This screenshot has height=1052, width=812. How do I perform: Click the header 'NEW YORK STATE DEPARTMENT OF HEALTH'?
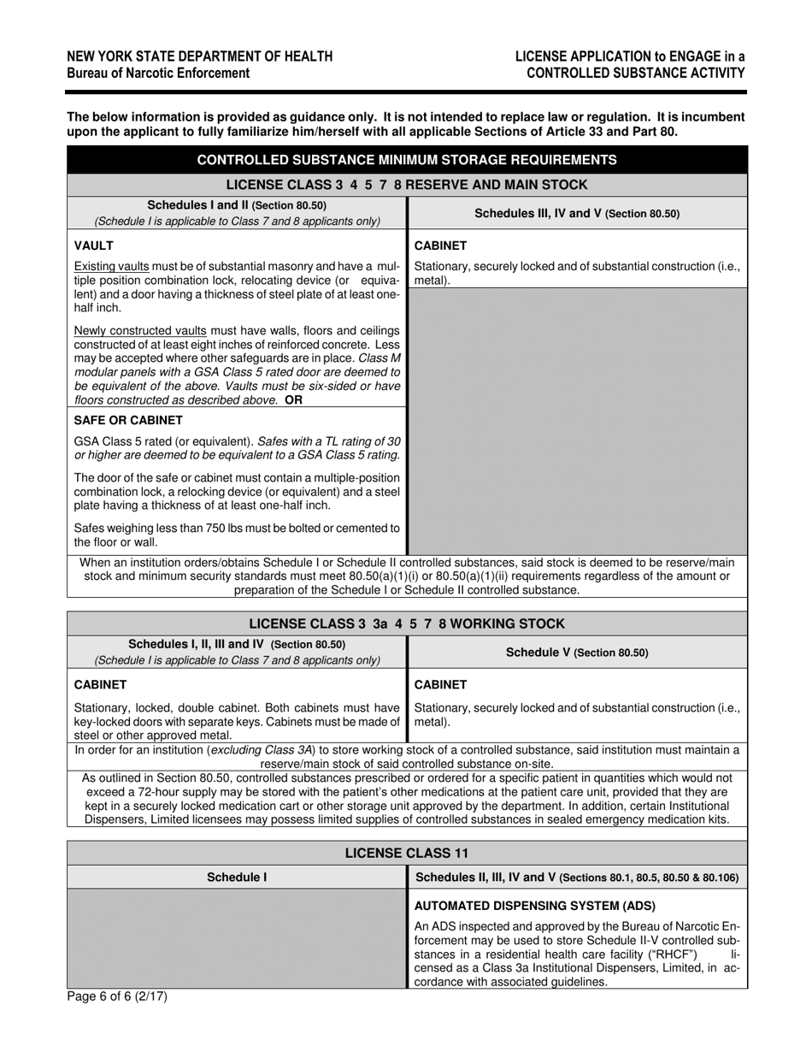[200, 56]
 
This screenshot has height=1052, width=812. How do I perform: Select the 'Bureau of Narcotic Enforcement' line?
[159, 73]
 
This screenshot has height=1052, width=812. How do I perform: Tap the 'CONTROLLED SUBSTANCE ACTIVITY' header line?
[635, 73]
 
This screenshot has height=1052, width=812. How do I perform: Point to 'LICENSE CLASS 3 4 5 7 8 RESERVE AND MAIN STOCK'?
[407, 185]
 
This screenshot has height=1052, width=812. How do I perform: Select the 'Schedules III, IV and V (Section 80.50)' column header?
[577, 214]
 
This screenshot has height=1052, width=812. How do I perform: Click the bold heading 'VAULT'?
[93, 245]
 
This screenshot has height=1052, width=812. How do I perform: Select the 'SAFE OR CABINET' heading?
[128, 421]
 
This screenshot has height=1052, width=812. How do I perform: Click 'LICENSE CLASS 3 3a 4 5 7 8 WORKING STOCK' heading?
[407, 624]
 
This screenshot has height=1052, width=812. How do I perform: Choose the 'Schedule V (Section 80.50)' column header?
[577, 653]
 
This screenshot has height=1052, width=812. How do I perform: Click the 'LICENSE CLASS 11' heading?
[407, 853]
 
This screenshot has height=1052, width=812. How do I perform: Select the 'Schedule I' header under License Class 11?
[237, 877]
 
